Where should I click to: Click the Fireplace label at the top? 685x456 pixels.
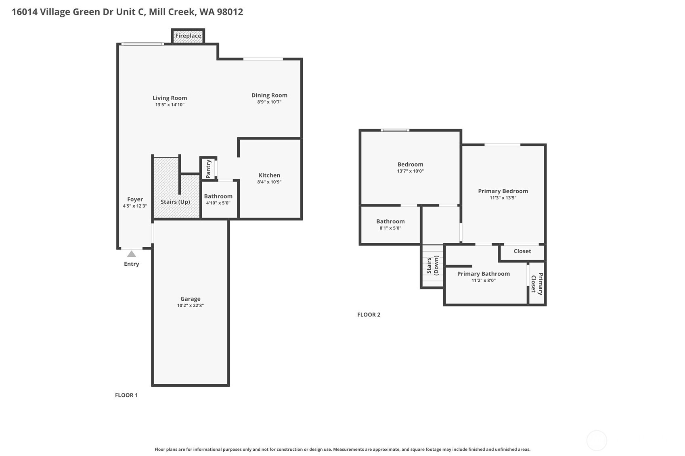tap(188, 36)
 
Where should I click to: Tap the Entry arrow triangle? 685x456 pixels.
tap(131, 254)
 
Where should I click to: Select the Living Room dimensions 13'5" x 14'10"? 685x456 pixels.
tap(170, 105)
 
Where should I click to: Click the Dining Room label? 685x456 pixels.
tap(269, 95)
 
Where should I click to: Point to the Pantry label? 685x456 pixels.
tap(208, 169)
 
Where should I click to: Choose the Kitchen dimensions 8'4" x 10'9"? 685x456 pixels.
tap(269, 182)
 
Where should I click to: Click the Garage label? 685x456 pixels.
tap(190, 299)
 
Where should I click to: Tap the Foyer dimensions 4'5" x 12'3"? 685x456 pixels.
tap(135, 206)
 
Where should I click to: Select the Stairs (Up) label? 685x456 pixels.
tap(175, 202)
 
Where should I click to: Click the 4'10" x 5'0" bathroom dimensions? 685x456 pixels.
tap(218, 203)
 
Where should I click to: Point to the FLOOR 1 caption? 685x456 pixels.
tap(126, 395)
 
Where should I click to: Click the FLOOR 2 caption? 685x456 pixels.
tap(369, 314)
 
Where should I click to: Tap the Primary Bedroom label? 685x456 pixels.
tap(503, 191)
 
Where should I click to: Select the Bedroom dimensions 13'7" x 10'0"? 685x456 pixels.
tap(410, 171)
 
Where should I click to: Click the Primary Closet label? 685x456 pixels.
tap(537, 284)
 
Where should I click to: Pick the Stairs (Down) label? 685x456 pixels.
tap(432, 265)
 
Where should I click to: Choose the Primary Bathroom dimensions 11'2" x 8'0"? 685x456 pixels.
tap(483, 280)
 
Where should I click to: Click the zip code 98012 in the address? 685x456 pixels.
tap(230, 12)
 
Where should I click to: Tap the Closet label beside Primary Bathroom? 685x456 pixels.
tap(522, 251)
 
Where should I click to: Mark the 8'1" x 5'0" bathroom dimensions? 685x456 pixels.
tap(390, 228)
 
